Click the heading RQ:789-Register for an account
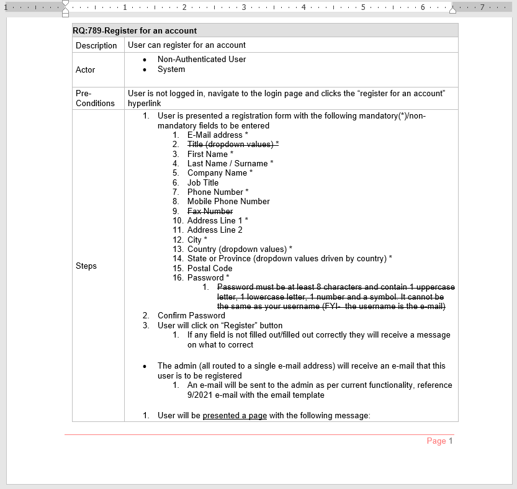135,30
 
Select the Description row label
96,45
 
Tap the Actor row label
86,70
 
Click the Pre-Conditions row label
95,98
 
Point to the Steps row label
86,266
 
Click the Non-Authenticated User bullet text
202,60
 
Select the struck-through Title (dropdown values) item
233,144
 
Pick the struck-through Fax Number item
210,211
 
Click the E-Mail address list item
217,135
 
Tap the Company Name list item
220,173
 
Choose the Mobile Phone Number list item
228,201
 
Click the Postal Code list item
210,268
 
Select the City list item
197,240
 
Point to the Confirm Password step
191,315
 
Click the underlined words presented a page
235,416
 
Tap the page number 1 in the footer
451,441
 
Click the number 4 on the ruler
303,7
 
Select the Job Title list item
203,182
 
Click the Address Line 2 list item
215,230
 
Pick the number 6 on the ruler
423,7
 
